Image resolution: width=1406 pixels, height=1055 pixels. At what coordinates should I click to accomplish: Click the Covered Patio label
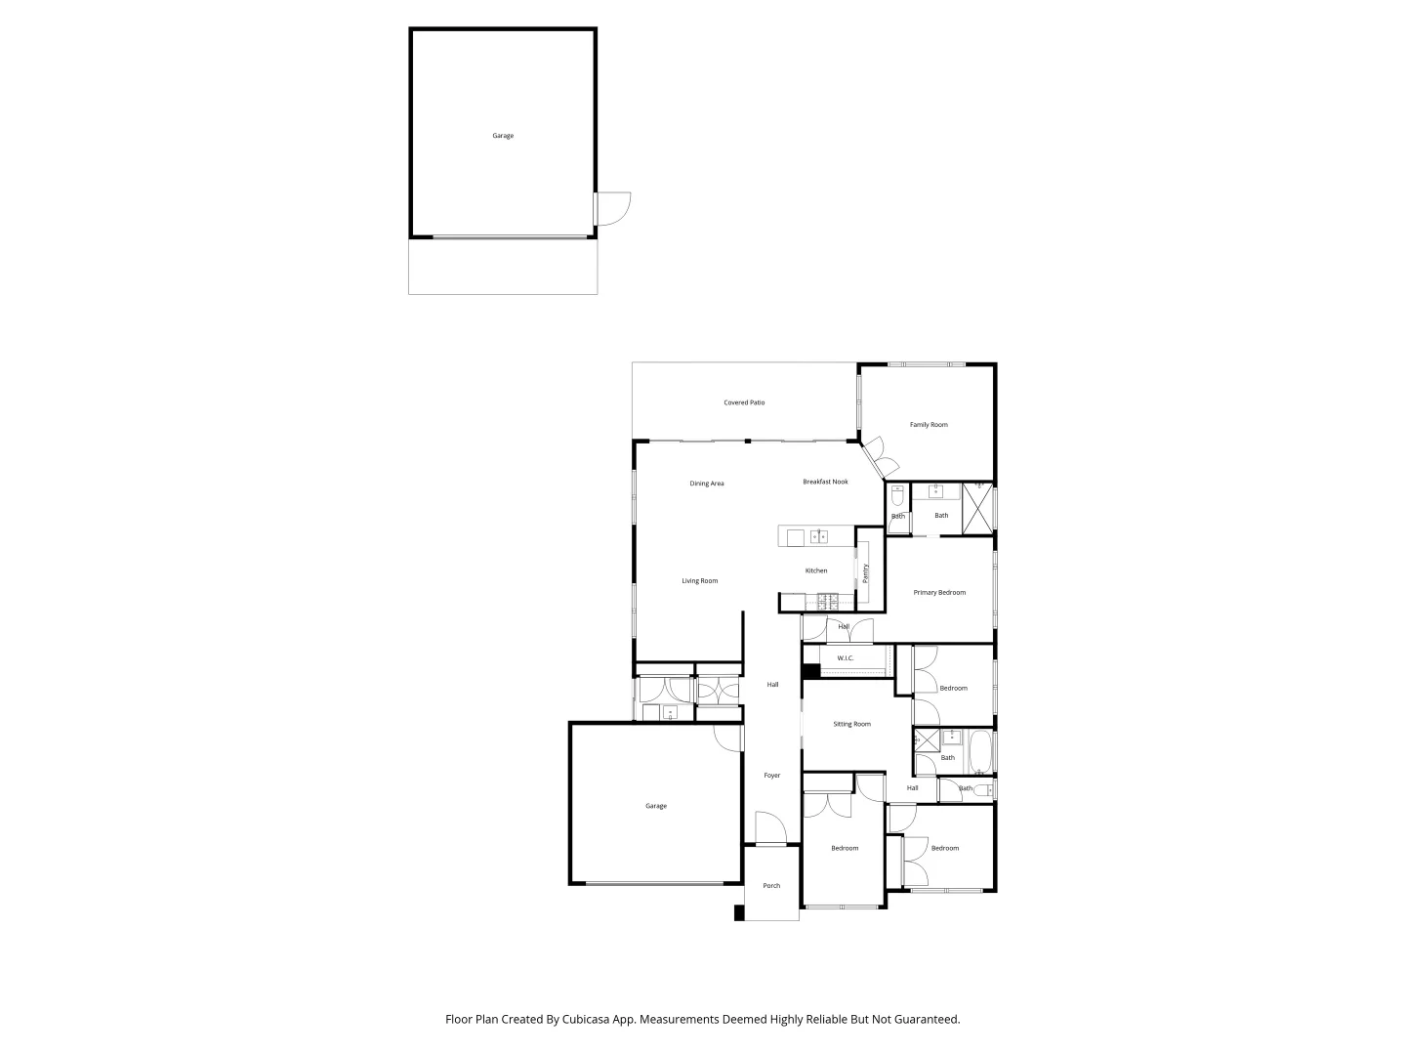744,402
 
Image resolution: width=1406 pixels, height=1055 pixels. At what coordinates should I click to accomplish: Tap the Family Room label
929,425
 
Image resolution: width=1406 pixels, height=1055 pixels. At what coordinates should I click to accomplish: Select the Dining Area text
706,484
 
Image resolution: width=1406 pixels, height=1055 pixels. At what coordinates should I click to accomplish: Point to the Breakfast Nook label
825,482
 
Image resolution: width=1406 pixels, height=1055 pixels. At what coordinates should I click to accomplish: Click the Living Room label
699,581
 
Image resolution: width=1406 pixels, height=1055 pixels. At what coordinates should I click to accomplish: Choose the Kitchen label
815,570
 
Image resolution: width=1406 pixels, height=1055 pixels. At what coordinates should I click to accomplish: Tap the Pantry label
865,573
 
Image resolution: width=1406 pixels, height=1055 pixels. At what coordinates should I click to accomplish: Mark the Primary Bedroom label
939,593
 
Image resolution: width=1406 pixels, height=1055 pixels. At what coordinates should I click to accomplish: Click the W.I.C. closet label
845,658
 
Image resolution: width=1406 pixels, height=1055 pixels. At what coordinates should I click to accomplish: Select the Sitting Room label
851,724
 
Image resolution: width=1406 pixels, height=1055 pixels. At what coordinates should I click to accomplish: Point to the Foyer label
771,776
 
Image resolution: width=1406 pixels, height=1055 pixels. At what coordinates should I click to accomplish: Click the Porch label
771,886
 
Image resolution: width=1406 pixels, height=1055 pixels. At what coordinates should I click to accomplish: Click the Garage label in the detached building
503,136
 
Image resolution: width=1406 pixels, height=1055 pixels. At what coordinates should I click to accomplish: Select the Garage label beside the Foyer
656,806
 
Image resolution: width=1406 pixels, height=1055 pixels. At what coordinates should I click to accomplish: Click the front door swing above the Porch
770,828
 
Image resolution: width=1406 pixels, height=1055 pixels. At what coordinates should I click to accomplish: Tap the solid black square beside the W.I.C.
810,671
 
